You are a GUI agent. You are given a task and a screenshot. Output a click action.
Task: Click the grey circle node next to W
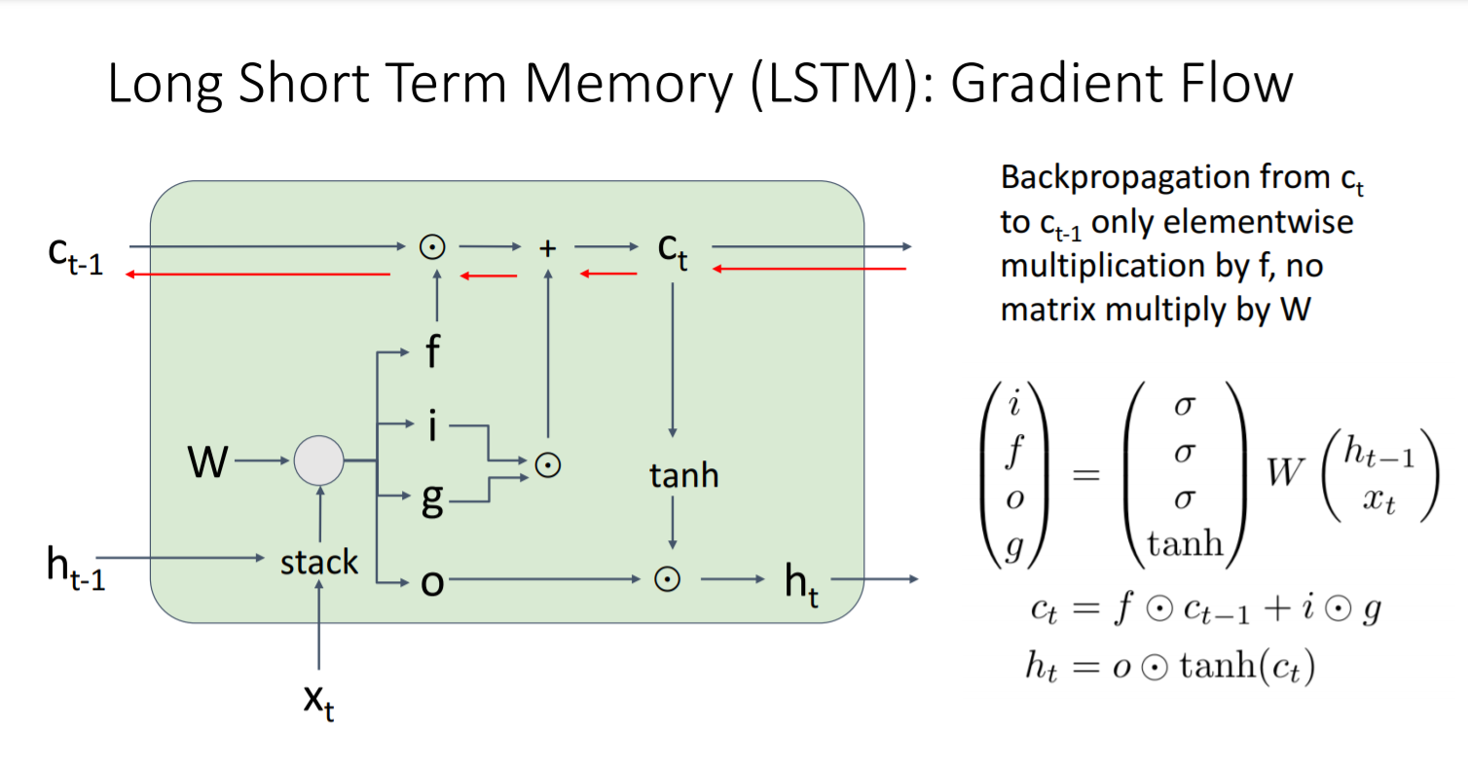click(x=319, y=460)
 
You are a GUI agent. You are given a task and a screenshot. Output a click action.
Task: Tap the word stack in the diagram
click(x=319, y=562)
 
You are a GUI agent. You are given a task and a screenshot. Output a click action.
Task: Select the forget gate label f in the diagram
click(x=432, y=354)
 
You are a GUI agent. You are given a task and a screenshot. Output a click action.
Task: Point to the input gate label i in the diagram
click(x=432, y=426)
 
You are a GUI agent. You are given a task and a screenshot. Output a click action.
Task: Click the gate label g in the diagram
click(x=432, y=499)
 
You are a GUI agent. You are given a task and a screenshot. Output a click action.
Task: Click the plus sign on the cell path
click(x=548, y=248)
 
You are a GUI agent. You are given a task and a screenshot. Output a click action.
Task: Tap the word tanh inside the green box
click(x=684, y=476)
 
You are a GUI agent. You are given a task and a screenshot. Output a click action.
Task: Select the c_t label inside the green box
click(x=673, y=251)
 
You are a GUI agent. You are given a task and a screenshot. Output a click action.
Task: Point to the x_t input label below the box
click(x=318, y=703)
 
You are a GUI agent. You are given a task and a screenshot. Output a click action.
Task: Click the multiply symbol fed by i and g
click(x=549, y=464)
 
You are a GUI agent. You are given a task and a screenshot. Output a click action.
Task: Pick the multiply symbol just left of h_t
click(x=668, y=579)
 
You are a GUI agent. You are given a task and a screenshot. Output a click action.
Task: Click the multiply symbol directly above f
click(x=432, y=247)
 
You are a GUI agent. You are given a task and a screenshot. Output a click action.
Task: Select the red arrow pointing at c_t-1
click(x=258, y=275)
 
